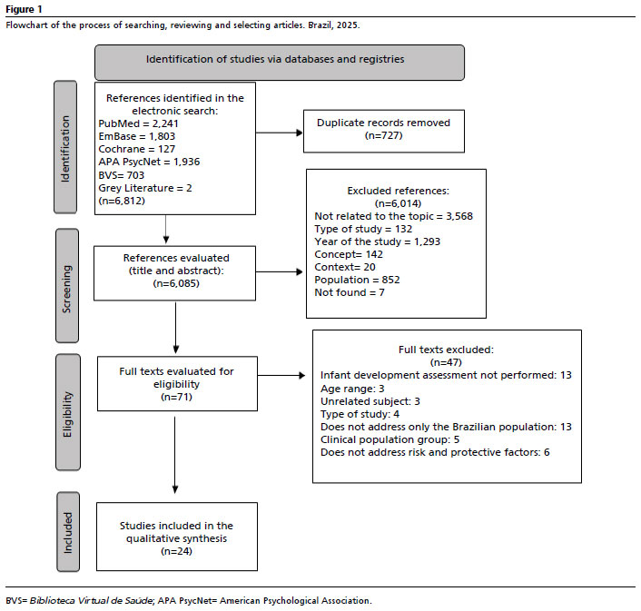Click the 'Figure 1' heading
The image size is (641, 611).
[24, 9]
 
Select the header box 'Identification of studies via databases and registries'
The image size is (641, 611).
[280, 63]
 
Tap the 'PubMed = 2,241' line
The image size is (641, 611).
[138, 123]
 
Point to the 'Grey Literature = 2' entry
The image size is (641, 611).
[145, 188]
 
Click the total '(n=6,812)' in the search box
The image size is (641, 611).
[122, 201]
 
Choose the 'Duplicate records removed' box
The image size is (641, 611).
[384, 132]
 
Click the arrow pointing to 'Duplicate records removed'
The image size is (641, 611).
[280, 133]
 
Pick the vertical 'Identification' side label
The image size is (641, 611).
[65, 147]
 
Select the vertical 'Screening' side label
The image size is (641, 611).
[67, 286]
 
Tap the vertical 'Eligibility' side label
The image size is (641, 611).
[68, 412]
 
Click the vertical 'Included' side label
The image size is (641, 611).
[68, 532]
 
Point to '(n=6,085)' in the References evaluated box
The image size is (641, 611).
[176, 283]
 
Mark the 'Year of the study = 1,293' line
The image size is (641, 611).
[378, 241]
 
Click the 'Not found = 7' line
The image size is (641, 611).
[350, 292]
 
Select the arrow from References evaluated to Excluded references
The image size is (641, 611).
[280, 271]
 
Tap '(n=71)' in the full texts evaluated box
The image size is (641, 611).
[177, 397]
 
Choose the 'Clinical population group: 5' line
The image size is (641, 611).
[390, 439]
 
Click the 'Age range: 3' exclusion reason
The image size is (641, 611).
[352, 389]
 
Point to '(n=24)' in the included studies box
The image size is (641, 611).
[177, 551]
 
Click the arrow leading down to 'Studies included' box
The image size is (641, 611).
[175, 455]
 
